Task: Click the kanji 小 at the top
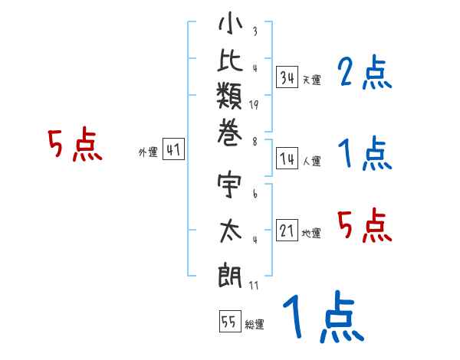[x=230, y=24]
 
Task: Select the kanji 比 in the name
[x=230, y=60]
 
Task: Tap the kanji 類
[x=229, y=96]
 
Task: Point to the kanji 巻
[x=230, y=133]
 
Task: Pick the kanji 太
[x=231, y=231]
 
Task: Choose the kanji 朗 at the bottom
[x=230, y=275]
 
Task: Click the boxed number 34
[x=287, y=77]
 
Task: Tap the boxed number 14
[x=287, y=159]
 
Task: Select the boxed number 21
[x=287, y=231]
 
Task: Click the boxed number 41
[x=173, y=149]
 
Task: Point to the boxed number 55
[x=230, y=321]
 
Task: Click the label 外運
[x=149, y=152]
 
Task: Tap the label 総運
[x=255, y=325]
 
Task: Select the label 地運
[x=311, y=234]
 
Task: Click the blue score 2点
[x=365, y=72]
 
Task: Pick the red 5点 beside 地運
[x=365, y=226]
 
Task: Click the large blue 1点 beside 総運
[x=324, y=316]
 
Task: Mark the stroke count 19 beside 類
[x=254, y=105]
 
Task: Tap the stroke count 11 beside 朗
[x=254, y=286]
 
